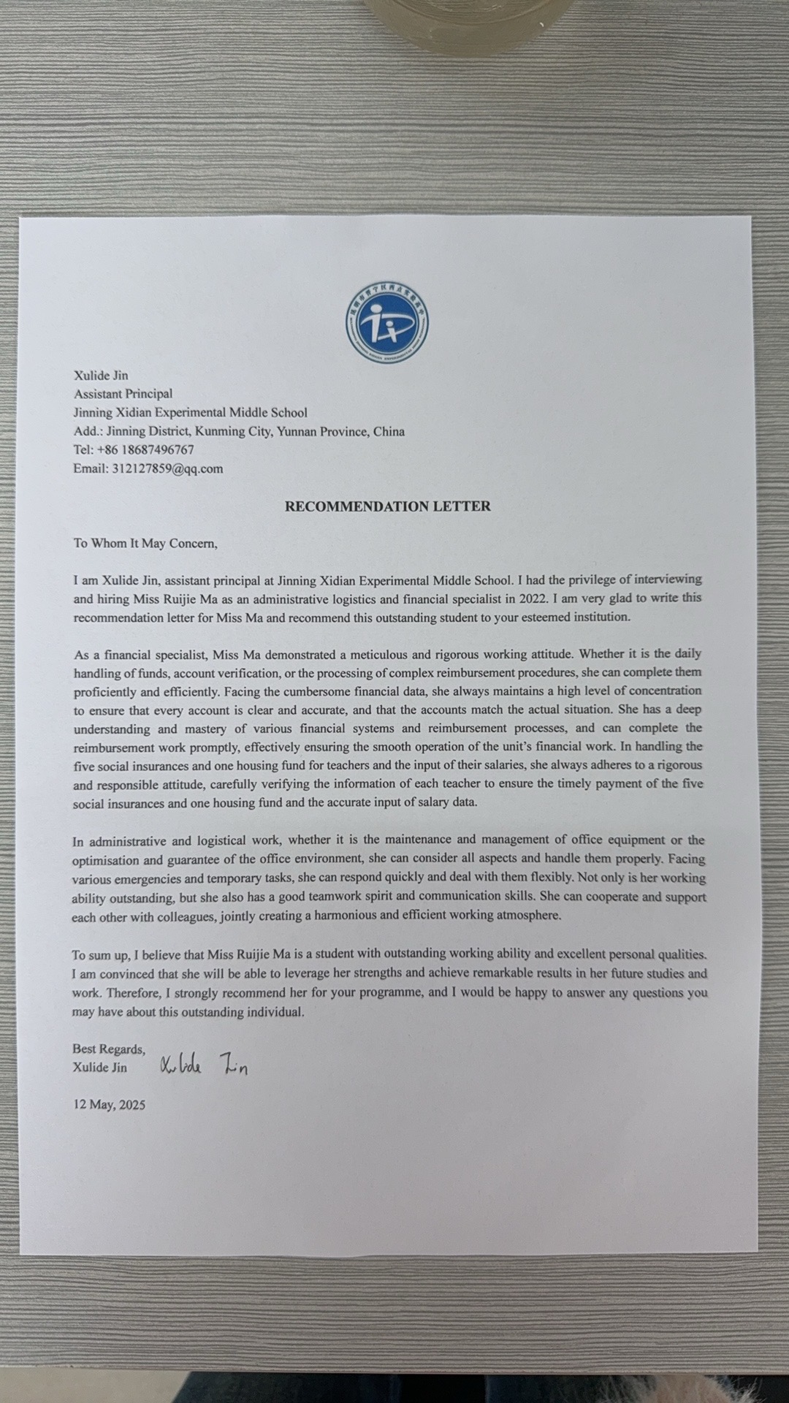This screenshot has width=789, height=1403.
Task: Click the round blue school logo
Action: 387,323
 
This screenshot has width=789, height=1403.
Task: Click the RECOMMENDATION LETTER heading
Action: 387,506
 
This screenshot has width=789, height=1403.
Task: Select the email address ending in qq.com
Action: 167,469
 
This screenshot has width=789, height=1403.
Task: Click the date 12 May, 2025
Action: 109,1105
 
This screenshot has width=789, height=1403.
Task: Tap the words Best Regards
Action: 108,1049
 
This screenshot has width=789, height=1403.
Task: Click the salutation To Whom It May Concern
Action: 145,544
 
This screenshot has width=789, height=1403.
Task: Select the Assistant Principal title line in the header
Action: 123,394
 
